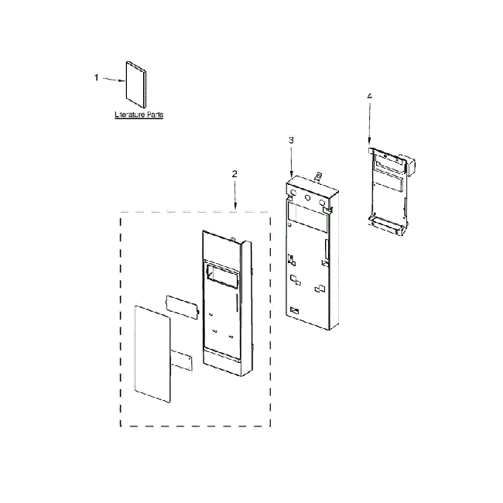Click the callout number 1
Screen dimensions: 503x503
(x=97, y=77)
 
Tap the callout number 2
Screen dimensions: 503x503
(x=234, y=175)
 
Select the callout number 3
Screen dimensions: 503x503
(x=291, y=140)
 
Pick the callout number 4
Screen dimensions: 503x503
(x=369, y=96)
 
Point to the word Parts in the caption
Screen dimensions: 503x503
(x=155, y=115)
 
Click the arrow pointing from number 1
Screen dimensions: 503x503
(x=113, y=80)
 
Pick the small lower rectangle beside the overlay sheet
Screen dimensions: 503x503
(x=183, y=360)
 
